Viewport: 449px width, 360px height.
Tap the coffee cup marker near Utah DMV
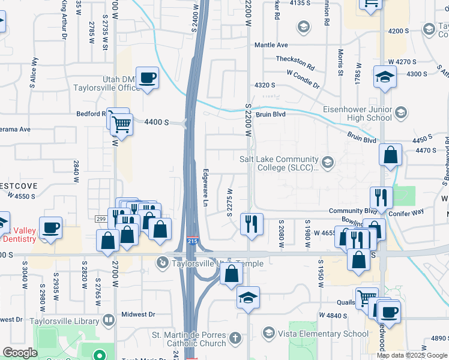pos(147,78)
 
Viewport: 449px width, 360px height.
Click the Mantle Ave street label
pos(271,45)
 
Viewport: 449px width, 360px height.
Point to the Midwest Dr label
pos(138,314)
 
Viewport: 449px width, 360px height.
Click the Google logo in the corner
pos(20,353)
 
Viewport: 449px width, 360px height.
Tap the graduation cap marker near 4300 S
pos(384,77)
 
